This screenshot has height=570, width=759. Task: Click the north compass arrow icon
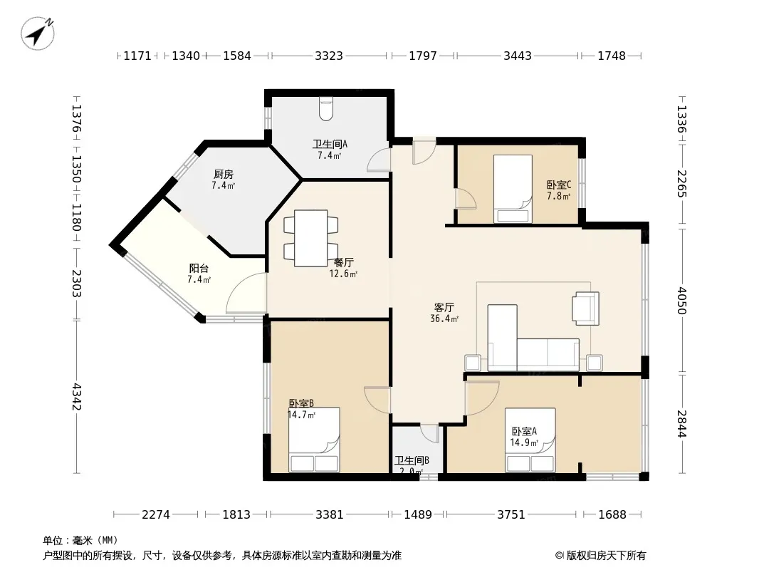37,33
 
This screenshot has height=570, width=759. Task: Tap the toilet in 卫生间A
326,109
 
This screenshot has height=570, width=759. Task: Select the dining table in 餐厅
310,238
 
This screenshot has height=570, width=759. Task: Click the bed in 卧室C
513,189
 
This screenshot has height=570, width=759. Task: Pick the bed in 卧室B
314,439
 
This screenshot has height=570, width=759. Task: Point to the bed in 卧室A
530,440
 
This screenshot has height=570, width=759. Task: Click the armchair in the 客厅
586,308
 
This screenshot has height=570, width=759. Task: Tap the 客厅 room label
444,308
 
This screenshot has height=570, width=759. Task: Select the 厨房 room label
223,174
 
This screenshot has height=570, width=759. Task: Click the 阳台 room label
199,269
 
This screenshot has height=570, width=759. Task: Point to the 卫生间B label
412,460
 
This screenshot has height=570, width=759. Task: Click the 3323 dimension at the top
329,56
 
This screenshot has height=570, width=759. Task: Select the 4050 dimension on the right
681,301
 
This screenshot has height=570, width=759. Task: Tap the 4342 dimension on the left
76,397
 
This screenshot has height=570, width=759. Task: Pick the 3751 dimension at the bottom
511,514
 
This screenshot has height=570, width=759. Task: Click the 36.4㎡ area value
444,318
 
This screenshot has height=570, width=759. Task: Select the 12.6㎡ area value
343,274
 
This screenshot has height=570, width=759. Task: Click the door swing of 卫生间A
379,160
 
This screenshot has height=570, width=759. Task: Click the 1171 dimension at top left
137,56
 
